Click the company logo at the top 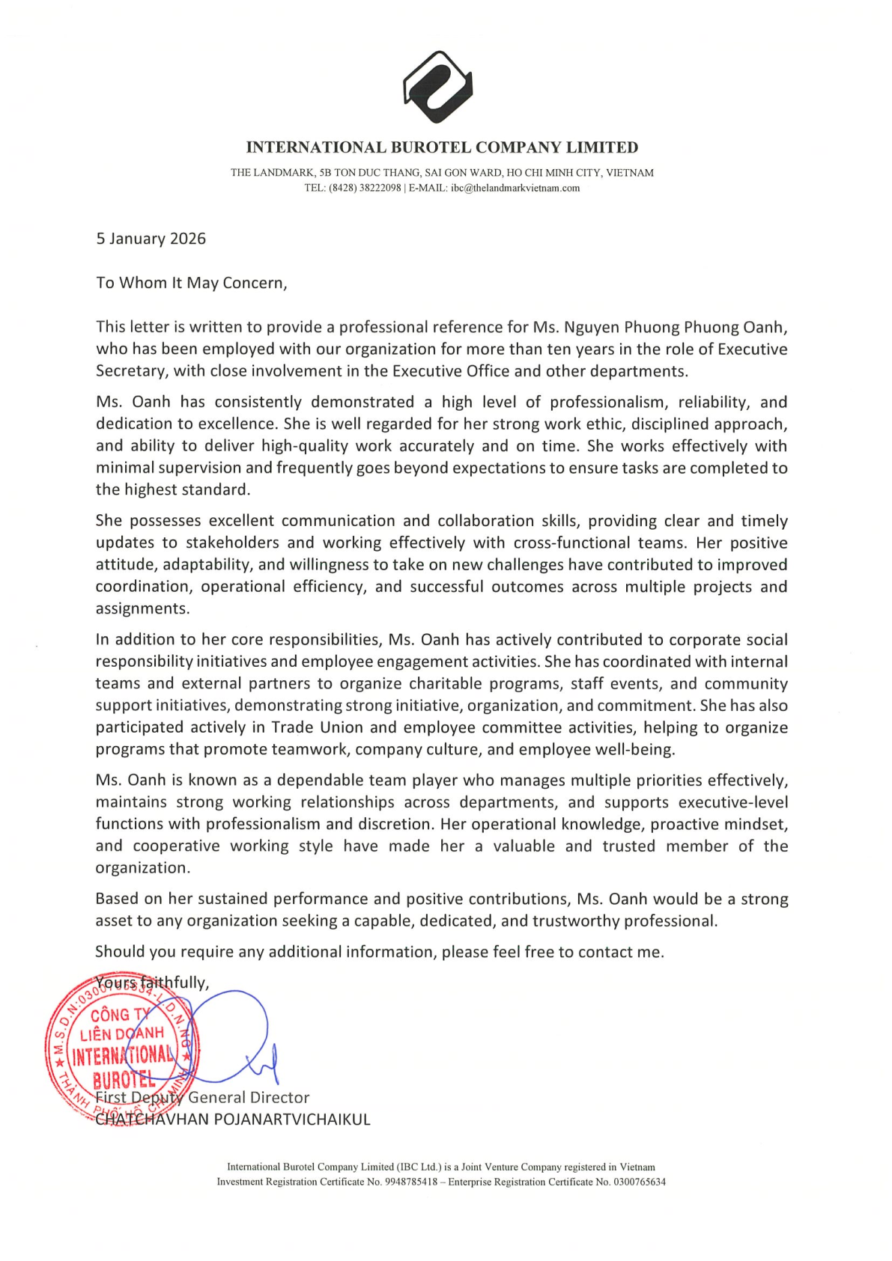point(438,87)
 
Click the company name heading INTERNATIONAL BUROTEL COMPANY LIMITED point(442,147)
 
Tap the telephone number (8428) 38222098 point(365,188)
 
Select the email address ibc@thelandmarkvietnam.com point(515,188)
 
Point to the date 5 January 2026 point(151,239)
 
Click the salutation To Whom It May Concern point(191,283)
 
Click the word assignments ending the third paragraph point(142,608)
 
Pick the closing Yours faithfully point(152,983)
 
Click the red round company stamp point(122,1048)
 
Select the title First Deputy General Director point(202,1098)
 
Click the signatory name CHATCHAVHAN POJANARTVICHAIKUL point(233,1120)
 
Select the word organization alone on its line point(142,868)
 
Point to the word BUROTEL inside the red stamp point(124,1080)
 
